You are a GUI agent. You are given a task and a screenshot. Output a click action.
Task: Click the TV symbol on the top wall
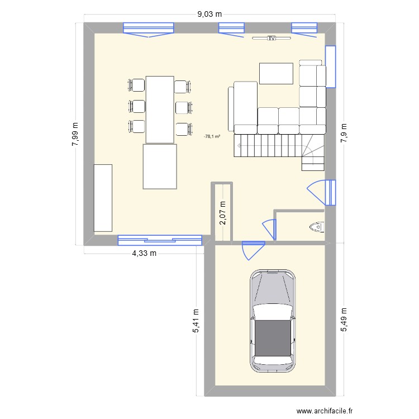pos(272,39)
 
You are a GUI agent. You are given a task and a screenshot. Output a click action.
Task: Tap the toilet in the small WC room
pos(316,227)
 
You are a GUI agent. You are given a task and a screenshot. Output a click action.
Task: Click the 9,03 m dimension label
pos(209,15)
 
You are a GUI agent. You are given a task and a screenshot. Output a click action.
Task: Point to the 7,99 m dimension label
pos(75,135)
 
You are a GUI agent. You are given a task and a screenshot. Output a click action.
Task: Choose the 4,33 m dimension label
pos(144,253)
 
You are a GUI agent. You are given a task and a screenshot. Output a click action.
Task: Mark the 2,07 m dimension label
pos(222,213)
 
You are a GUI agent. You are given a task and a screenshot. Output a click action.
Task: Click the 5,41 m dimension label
pos(196,322)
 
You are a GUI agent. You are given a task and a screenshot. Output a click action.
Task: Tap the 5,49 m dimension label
pos(344,320)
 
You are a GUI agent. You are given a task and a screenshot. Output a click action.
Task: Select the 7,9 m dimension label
pos(344,134)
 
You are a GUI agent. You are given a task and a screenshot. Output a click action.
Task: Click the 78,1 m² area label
pos(212,136)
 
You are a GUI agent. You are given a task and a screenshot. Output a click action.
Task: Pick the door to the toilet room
pos(270,228)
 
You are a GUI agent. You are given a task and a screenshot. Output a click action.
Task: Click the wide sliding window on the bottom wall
pos(159,240)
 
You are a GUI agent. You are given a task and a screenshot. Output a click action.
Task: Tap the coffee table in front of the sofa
pos(276,74)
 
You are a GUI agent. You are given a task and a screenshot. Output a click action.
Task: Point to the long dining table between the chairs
pos(160,109)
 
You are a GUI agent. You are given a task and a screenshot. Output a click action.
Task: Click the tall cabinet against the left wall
pos(103,198)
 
